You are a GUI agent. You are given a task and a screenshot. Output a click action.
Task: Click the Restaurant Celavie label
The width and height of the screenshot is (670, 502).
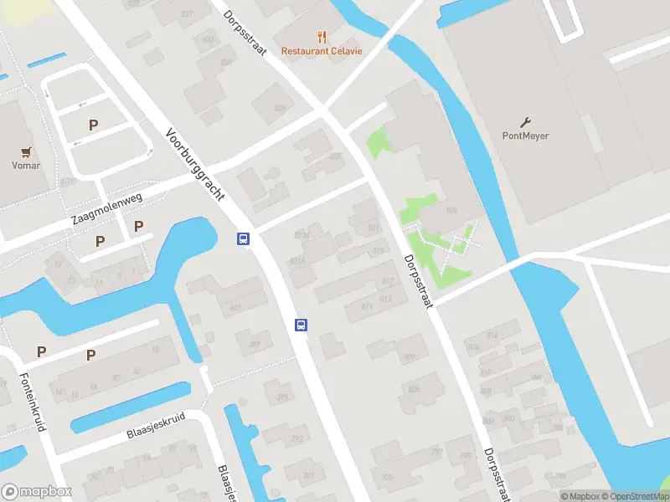click(x=322, y=51)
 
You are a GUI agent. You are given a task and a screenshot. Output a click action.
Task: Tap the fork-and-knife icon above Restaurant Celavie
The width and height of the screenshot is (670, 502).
click(x=322, y=36)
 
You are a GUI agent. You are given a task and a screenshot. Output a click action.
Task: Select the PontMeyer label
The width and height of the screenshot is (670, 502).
click(x=525, y=136)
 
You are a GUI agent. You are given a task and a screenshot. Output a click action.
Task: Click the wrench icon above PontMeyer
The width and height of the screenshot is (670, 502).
click(x=526, y=121)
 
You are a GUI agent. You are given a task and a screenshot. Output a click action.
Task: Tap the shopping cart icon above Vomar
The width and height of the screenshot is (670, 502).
click(x=27, y=152)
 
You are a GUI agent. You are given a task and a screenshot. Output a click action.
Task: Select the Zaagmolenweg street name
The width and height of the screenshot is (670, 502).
click(x=107, y=207)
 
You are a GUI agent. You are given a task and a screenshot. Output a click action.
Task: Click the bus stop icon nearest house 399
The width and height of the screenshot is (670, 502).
click(x=301, y=325)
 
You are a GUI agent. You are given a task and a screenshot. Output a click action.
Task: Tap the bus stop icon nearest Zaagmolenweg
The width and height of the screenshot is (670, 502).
click(x=243, y=239)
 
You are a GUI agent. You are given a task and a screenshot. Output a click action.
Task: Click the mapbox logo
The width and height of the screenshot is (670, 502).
click(x=37, y=492)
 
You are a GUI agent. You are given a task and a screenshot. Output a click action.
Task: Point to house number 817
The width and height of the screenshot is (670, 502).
click(x=387, y=281)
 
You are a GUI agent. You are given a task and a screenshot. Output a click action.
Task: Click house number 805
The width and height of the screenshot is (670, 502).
click(x=414, y=389)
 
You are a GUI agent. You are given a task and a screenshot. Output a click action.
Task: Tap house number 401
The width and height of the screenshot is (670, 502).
click(x=235, y=309)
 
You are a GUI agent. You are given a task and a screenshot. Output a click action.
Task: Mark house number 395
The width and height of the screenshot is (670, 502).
click(x=282, y=397)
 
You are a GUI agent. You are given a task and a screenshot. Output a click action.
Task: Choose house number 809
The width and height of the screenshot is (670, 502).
click(x=409, y=357)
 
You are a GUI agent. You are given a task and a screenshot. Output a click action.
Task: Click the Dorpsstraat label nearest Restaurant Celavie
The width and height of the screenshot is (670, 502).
click(x=245, y=33)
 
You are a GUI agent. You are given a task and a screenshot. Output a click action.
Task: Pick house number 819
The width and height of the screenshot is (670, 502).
click(x=378, y=250)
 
